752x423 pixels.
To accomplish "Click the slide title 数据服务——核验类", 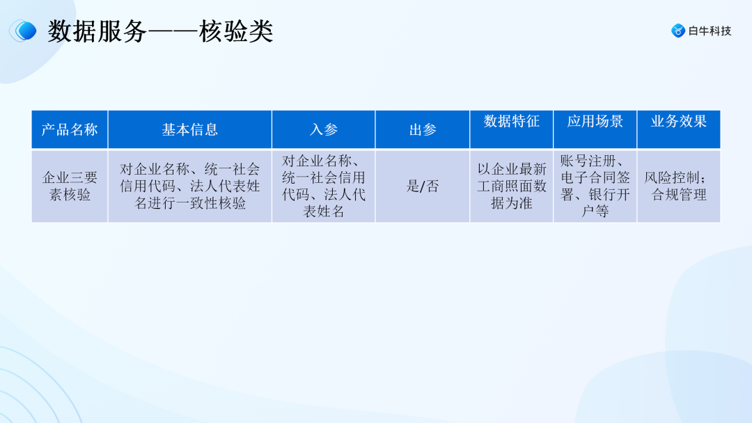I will [x=160, y=31].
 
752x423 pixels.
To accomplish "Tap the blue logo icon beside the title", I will [x=24, y=30].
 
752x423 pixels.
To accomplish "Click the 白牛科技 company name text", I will [x=710, y=31].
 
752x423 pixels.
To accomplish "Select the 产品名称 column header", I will [x=70, y=129].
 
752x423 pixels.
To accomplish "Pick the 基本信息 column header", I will [x=189, y=129].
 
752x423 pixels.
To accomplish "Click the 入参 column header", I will [x=324, y=129].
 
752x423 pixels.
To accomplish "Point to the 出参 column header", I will [x=423, y=129].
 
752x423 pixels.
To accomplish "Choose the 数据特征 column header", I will [x=512, y=122].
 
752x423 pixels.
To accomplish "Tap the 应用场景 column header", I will [x=595, y=122].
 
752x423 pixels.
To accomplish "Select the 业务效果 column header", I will [x=679, y=122].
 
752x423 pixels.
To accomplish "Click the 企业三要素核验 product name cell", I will [x=70, y=186].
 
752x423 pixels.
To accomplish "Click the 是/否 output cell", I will [x=423, y=186].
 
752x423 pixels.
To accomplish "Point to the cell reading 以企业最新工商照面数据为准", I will [x=512, y=186].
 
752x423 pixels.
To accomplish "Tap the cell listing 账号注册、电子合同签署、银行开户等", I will [x=595, y=186].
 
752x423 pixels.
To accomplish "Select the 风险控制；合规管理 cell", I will [x=679, y=186].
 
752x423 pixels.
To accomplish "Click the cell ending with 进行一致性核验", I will [x=189, y=186].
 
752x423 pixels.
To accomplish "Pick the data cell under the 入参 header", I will [x=324, y=186].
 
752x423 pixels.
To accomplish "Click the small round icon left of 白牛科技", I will [x=678, y=31].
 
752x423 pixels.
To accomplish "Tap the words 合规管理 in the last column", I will [x=679, y=195].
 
